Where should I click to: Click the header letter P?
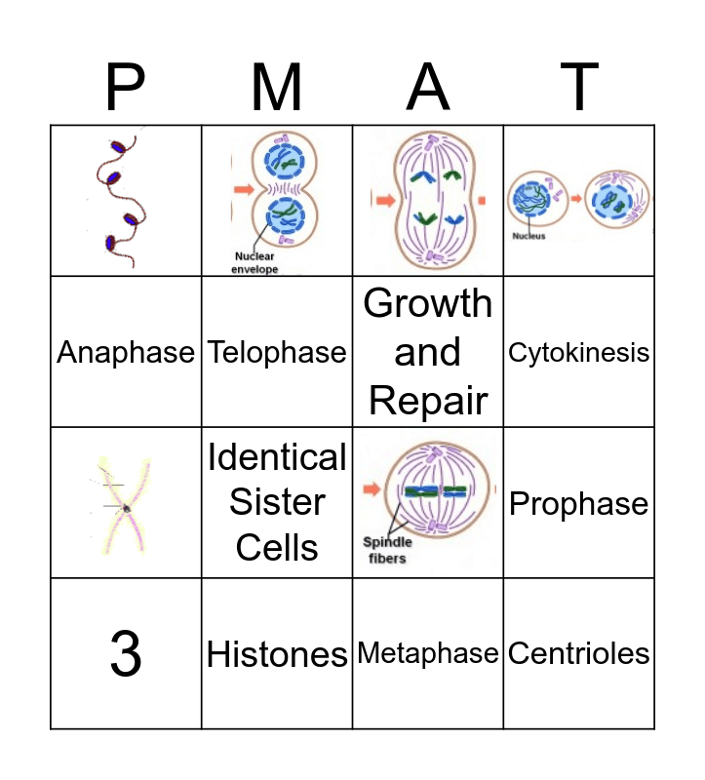[x=125, y=88]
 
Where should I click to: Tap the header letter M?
[x=277, y=88]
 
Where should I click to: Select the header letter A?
[x=427, y=88]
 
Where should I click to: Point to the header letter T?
[x=578, y=88]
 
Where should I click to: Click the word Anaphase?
[x=126, y=352]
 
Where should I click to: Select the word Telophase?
[x=277, y=352]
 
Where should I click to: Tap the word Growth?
[x=428, y=304]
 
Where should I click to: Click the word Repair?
[x=428, y=401]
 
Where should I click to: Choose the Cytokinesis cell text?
[x=578, y=352]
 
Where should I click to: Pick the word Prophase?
[x=578, y=504]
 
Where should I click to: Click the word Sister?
[x=277, y=502]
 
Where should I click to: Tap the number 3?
[x=126, y=654]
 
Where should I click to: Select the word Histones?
[x=277, y=654]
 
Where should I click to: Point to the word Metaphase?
[x=428, y=653]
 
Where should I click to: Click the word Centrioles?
[x=578, y=653]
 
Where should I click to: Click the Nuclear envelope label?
[x=255, y=263]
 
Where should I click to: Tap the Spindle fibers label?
[x=388, y=550]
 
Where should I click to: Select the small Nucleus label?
[x=529, y=236]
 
